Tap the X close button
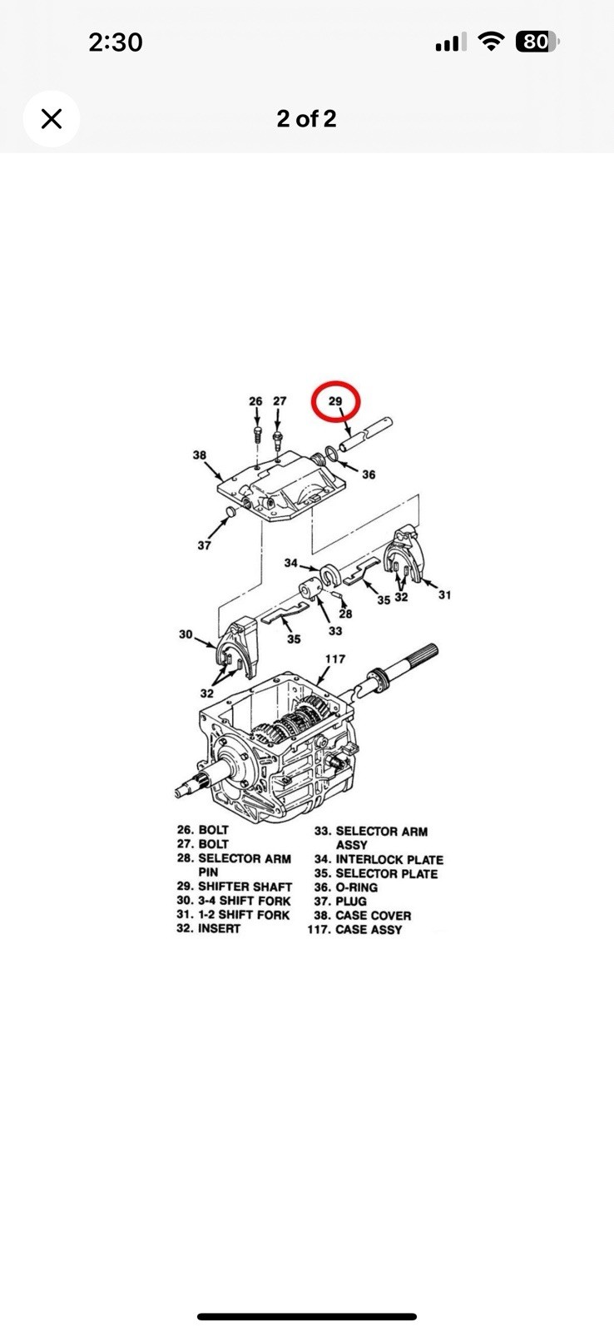(52, 119)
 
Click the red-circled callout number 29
(335, 401)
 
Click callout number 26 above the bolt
(255, 401)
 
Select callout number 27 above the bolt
(280, 401)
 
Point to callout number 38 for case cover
(199, 455)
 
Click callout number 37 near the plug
(204, 545)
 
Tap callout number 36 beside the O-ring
(369, 475)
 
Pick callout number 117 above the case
(335, 659)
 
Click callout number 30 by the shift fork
(186, 634)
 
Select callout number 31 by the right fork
(444, 594)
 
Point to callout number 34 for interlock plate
(290, 563)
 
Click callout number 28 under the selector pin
(345, 614)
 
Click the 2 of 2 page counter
(306, 119)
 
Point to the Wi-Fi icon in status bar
(490, 42)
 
